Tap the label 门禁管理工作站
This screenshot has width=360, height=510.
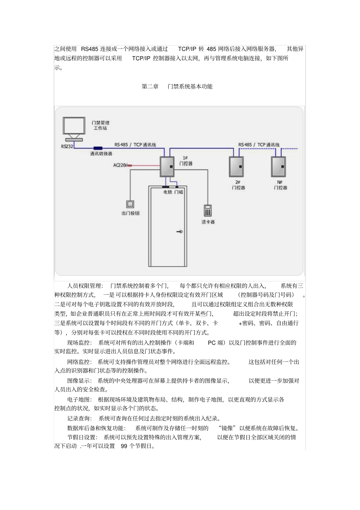coord(100,126)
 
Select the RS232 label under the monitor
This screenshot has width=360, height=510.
coord(67,146)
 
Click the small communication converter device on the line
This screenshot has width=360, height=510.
coord(98,148)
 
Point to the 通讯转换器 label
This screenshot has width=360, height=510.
coord(101,154)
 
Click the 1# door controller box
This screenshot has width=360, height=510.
coord(167,166)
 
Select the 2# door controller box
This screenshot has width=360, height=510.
coord(236,167)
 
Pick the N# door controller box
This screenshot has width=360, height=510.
coord(278,167)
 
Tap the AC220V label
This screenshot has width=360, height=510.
coord(121,165)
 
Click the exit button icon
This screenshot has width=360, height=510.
coord(130,204)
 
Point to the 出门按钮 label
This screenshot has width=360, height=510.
coord(130,213)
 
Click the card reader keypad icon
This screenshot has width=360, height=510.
coord(207,210)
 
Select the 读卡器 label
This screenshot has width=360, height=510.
coord(208,222)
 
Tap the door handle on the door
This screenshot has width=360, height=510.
coord(180,232)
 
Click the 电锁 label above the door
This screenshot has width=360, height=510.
coord(167,192)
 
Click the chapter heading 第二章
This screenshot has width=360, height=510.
coord(150,86)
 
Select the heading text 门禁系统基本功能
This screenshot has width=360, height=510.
coord(190,86)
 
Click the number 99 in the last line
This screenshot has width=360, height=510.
coord(124,446)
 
